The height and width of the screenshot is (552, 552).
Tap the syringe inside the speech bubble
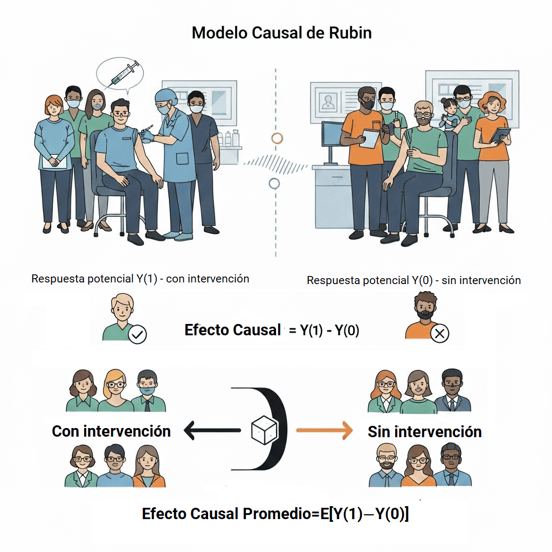coord(123,74)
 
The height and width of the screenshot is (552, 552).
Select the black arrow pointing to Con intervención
coord(211,430)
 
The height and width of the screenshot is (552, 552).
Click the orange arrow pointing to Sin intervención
coord(323,430)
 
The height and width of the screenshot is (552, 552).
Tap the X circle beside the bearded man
coord(440,334)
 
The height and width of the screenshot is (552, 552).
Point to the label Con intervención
coord(111,431)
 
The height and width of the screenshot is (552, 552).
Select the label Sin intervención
coord(424,432)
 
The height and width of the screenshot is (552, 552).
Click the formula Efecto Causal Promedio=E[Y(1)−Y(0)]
coord(275,514)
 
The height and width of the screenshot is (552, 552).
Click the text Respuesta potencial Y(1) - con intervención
coord(140,279)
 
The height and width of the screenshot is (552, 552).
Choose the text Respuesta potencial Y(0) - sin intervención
coord(413,280)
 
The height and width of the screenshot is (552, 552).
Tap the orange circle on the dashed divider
coord(277,138)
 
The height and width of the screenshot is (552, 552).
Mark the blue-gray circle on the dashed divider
coord(274,183)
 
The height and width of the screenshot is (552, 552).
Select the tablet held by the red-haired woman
coord(500,134)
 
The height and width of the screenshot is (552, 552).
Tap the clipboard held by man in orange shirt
coord(370,138)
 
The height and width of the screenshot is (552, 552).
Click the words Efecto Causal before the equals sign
coord(232,330)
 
